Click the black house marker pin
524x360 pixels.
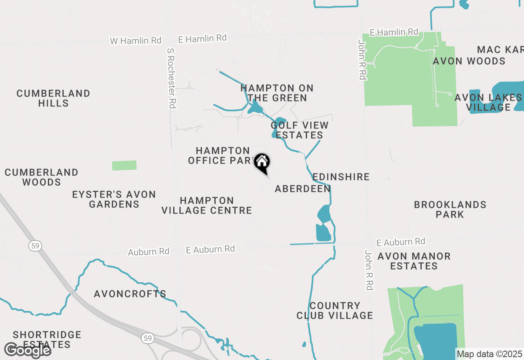tap(262, 163)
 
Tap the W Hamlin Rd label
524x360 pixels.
tap(136, 41)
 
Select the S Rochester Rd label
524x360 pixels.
tap(172, 78)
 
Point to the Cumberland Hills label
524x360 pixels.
tap(53, 98)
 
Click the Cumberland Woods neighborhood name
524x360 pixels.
tap(41, 177)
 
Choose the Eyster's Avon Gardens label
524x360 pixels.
tap(114, 199)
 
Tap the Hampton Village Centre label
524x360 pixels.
tap(206, 205)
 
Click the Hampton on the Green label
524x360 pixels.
tap(277, 93)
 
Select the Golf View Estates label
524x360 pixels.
tap(300, 130)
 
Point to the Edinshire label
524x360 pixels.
tap(341, 177)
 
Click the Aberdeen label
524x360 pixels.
tap(303, 189)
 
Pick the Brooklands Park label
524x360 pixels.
tap(450, 209)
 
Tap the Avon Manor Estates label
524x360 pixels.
tap(414, 261)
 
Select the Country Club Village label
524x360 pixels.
tap(335, 310)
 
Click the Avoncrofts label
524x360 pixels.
tap(130, 294)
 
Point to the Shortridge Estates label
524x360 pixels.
tap(47, 340)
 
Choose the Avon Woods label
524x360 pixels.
tap(469, 61)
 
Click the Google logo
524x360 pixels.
tap(27, 350)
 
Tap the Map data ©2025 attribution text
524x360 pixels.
tap(489, 354)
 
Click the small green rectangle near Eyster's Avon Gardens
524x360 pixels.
tap(124, 165)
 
